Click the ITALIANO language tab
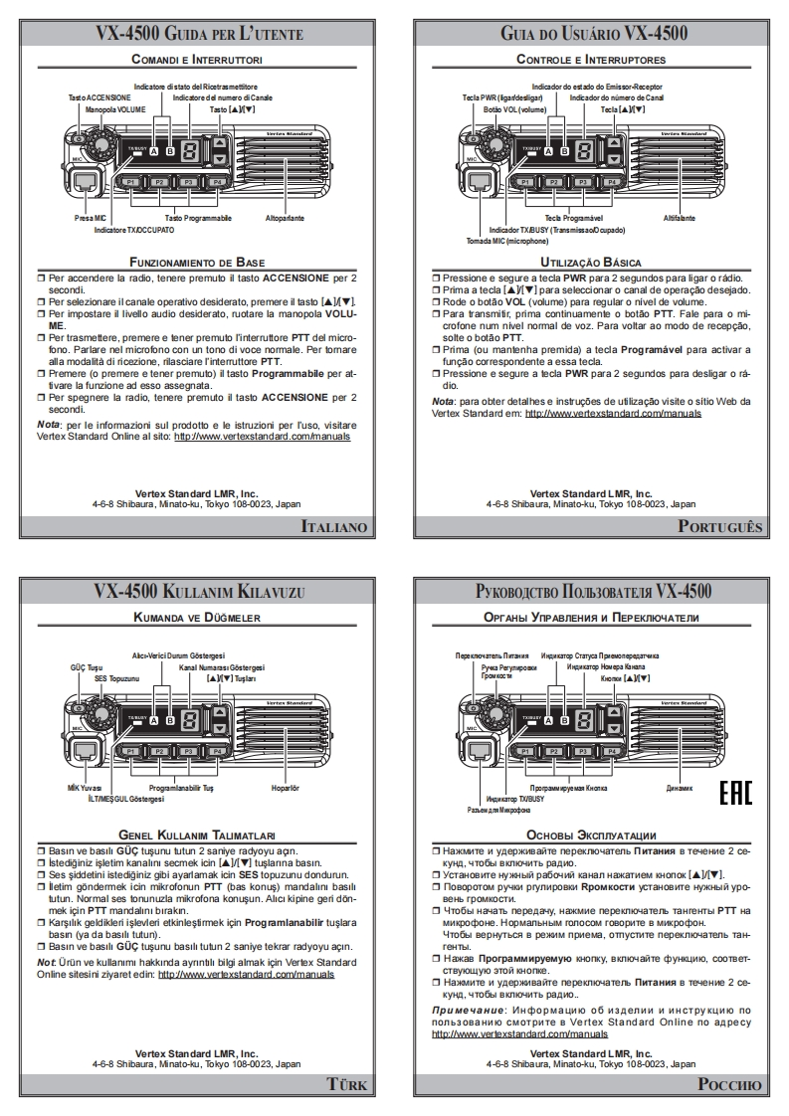[x=334, y=526]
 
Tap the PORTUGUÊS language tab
[x=720, y=526]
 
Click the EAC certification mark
[x=735, y=793]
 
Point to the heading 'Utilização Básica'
[x=591, y=262]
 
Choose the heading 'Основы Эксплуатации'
[x=591, y=836]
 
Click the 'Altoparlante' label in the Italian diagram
[x=285, y=217]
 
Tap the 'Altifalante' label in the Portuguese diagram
[x=679, y=217]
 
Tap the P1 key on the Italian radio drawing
[x=129, y=182]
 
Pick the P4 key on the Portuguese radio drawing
[x=612, y=182]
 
